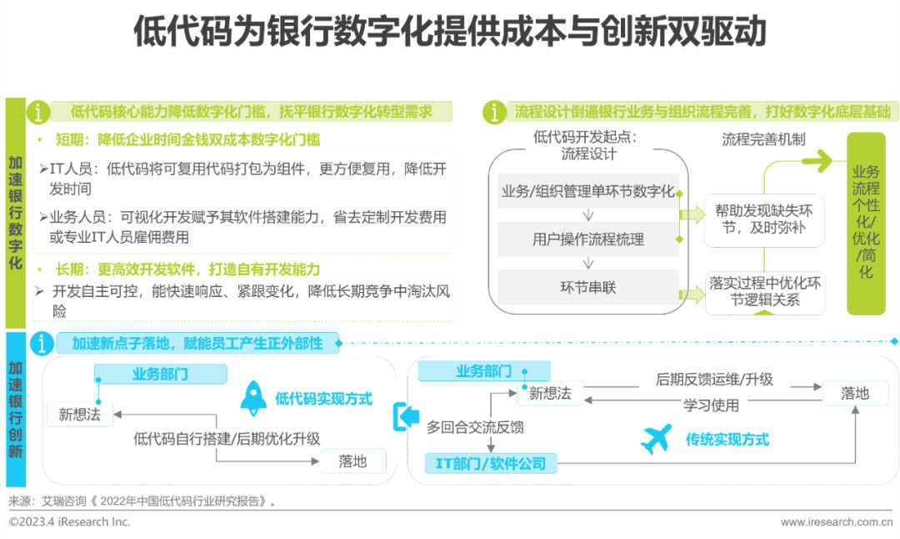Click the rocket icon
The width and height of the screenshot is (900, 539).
253,398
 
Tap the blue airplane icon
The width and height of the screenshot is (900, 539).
657,438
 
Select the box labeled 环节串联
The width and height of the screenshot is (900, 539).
588,288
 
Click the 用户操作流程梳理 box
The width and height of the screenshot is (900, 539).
588,239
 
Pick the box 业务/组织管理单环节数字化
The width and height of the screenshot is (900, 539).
588,191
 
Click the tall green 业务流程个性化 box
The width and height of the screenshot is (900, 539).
866,223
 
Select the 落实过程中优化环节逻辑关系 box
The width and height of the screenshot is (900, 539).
763,291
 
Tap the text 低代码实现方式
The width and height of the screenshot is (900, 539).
323,399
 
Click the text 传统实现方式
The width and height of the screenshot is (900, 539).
727,439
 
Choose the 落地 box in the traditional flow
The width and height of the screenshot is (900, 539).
855,392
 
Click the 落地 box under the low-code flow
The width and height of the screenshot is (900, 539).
352,461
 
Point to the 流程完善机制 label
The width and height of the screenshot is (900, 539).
763,139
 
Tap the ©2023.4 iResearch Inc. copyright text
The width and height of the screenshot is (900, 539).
70,521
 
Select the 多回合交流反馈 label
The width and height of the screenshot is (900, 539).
475,427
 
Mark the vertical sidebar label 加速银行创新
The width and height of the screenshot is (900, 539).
16,410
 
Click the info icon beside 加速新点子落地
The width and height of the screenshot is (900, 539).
41,343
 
